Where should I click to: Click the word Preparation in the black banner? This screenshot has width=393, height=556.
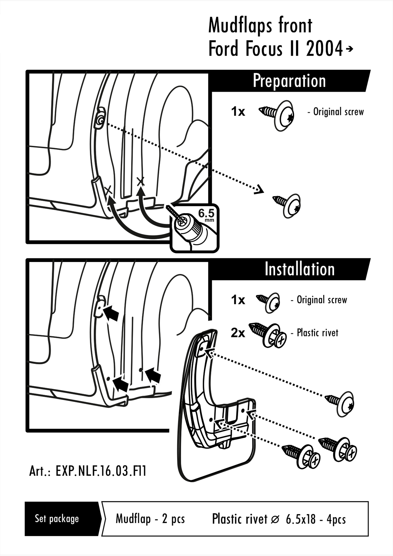click(x=289, y=81)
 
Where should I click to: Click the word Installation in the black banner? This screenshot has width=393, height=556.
click(x=299, y=269)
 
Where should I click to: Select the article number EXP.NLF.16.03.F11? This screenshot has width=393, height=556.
click(x=88, y=471)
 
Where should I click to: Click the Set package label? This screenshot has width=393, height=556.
click(x=57, y=519)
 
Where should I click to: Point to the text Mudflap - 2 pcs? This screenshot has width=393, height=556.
click(x=150, y=519)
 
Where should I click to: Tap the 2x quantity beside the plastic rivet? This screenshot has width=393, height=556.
click(x=238, y=333)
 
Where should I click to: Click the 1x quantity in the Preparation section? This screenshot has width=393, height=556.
click(x=238, y=112)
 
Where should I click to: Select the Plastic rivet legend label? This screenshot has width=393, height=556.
click(x=317, y=333)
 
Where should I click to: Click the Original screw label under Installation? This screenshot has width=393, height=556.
click(x=321, y=300)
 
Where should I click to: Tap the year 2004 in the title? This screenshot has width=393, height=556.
click(x=324, y=49)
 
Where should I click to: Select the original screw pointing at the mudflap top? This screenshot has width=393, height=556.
click(x=341, y=403)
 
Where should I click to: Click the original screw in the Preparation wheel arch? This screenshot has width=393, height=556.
click(x=100, y=121)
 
